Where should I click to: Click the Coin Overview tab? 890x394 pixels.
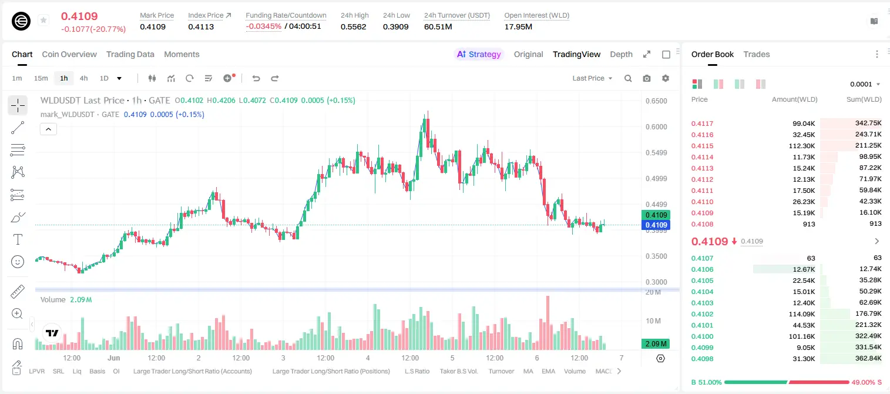[x=69, y=55]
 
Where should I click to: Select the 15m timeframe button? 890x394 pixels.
[x=41, y=78]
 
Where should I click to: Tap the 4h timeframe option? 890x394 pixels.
[x=83, y=78]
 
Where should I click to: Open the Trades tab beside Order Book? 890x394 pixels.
[x=757, y=55]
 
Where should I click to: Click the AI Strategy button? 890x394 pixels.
[x=479, y=55]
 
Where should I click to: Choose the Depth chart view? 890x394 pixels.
[x=621, y=55]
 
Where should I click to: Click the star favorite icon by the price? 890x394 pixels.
[x=43, y=20]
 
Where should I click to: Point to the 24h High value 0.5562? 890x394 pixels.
[x=353, y=26]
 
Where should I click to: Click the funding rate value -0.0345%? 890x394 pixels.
[x=263, y=26]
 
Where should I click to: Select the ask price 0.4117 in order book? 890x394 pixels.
[x=702, y=123]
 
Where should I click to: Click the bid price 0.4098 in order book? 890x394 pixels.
[x=702, y=359]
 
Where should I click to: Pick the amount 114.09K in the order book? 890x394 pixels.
[x=802, y=314]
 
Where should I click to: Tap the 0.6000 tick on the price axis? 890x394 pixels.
[x=656, y=127]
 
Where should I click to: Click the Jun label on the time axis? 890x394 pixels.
[x=113, y=358]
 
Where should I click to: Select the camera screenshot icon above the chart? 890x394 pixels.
[x=647, y=78]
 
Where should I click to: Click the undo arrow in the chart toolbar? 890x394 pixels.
[x=256, y=78]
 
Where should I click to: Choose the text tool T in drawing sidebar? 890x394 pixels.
[x=18, y=239]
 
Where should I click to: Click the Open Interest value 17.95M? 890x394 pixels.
[x=518, y=26]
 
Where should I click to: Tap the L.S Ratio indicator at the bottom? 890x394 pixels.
[x=417, y=371]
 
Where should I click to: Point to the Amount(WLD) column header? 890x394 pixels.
[x=795, y=99]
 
